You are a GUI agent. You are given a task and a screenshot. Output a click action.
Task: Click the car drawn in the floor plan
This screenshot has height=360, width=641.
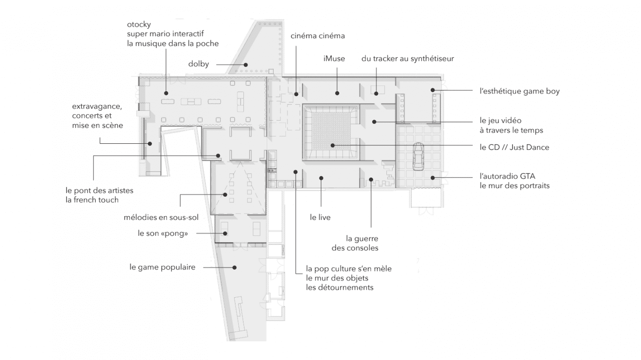coord(418,156)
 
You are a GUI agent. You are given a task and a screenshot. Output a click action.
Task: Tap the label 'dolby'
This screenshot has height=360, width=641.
coord(198,64)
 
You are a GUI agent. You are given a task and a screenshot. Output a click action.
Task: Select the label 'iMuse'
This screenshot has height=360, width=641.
coord(334,59)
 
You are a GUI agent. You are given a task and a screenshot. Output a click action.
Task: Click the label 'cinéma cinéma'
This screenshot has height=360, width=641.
coord(317,36)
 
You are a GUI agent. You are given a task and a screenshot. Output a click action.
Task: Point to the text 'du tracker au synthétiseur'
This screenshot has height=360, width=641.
coord(407,59)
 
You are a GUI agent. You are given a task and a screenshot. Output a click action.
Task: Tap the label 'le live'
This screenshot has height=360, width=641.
coord(320,218)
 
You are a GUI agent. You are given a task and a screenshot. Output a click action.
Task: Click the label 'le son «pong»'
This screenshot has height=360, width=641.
coord(160,233)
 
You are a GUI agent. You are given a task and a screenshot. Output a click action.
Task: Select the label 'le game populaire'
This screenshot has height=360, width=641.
coord(162,267)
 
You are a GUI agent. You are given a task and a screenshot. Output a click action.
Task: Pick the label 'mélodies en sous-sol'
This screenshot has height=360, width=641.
coord(161,218)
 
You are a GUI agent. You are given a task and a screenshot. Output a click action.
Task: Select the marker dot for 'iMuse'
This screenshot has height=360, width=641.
coord(337,93)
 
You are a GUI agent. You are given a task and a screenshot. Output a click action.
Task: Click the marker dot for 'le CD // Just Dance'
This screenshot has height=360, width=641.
coord(332,145)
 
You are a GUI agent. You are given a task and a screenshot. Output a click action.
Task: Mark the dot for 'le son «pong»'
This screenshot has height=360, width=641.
coord(226,233)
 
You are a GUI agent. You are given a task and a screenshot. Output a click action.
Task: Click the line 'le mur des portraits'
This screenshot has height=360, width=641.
coord(515,186)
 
